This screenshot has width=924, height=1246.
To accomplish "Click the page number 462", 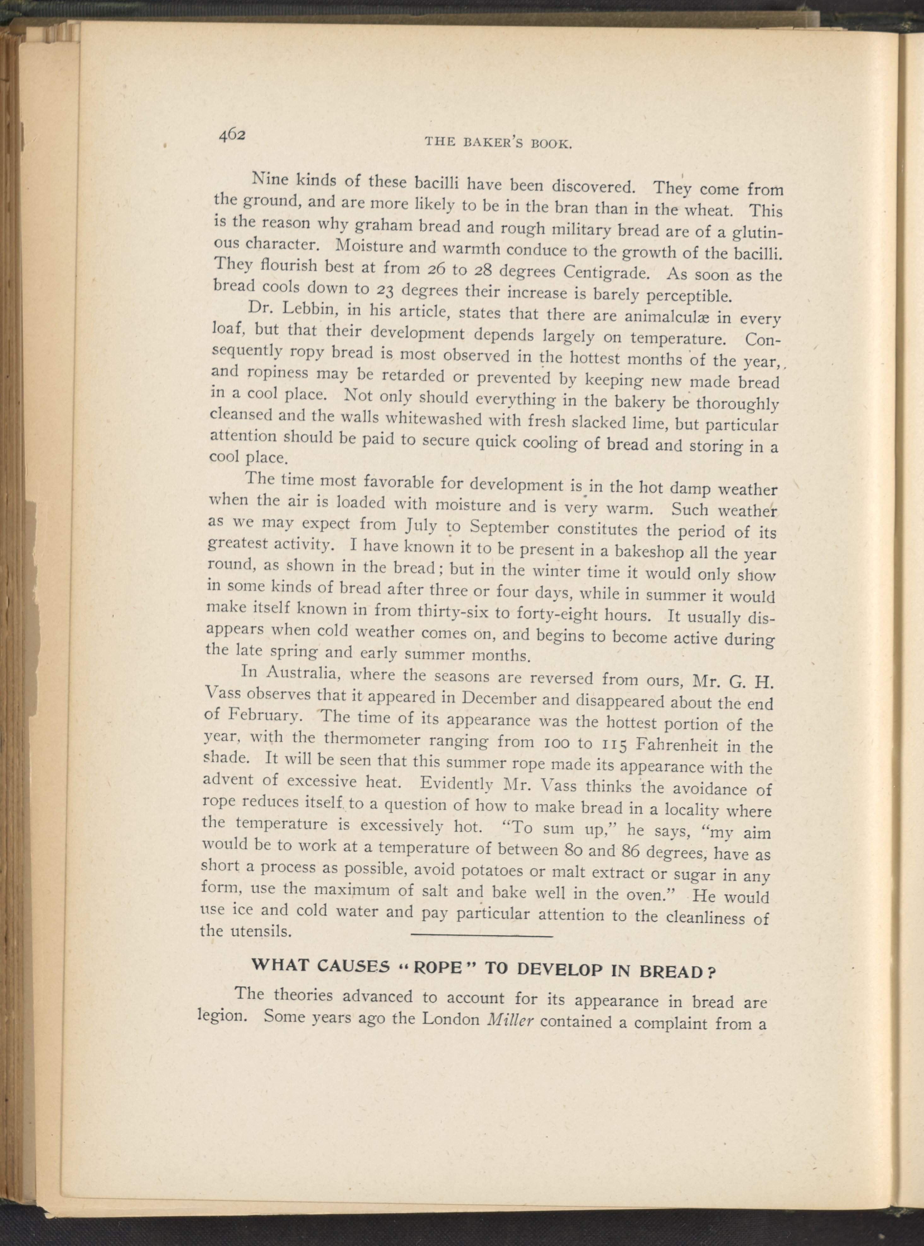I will (x=233, y=136).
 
